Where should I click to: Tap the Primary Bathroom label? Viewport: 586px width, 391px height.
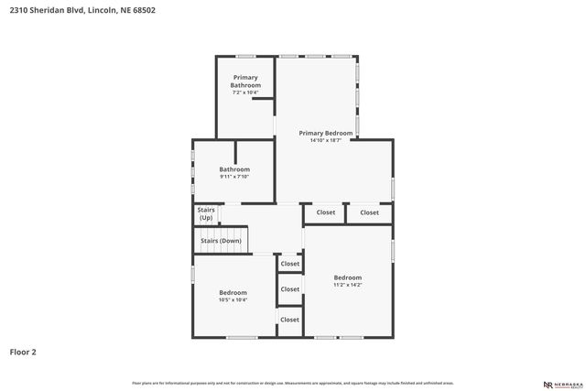point(244,81)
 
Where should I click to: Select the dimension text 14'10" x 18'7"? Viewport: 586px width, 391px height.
point(325,140)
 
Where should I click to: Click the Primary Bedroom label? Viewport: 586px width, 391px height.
point(325,133)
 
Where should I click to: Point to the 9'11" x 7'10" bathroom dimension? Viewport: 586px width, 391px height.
point(234,177)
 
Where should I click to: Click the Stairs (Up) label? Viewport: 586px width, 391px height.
point(206,214)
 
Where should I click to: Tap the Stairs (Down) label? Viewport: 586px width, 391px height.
point(222,241)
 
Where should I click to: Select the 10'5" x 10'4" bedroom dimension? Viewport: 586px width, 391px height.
point(233,299)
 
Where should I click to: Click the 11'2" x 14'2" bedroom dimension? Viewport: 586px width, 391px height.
point(347,285)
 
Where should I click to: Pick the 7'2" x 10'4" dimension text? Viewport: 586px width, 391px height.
point(244,92)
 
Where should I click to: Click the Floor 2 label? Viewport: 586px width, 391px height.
point(23,352)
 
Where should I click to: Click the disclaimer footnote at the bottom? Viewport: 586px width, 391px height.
point(293,383)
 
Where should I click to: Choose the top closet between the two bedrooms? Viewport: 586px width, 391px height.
point(290,264)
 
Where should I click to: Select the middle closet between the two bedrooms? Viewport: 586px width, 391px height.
point(290,289)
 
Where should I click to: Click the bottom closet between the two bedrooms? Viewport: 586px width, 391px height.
point(290,320)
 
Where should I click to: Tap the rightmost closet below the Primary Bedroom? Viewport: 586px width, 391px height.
point(369,212)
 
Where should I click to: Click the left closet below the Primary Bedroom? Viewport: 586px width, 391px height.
point(326,212)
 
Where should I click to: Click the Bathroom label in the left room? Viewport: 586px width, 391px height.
point(234,169)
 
